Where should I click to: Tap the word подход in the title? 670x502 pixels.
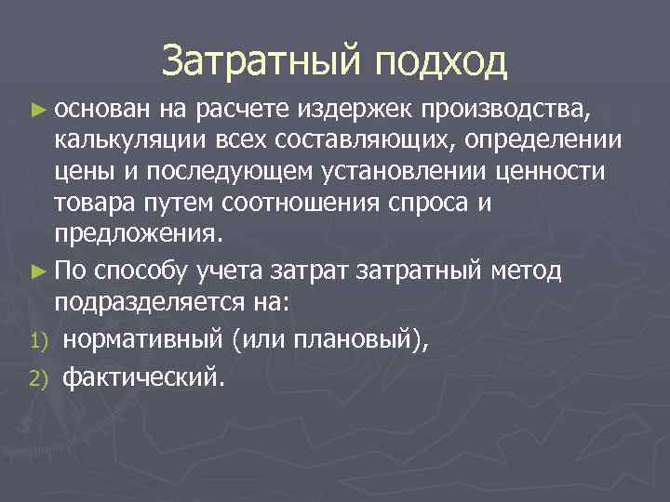click(440, 63)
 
